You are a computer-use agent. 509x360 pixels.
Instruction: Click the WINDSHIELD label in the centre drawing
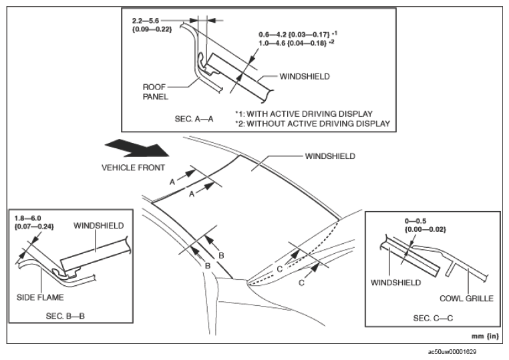click(x=329, y=156)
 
